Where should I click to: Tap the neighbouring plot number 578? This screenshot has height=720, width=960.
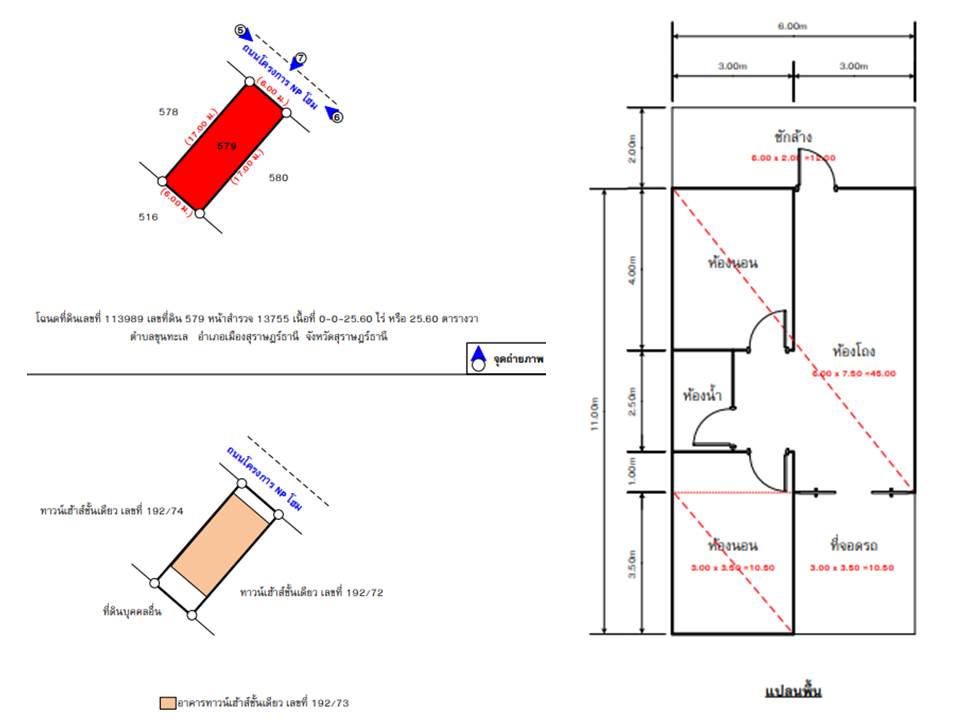click(x=168, y=112)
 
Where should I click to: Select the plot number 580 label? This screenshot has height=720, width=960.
click(x=278, y=178)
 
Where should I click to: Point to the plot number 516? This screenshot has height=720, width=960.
click(x=148, y=216)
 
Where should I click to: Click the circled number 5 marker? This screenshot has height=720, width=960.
click(x=240, y=31)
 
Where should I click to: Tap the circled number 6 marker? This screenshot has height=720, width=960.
click(x=337, y=117)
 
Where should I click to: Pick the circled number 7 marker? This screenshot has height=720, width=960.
click(x=300, y=58)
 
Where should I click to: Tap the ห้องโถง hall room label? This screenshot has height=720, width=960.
click(x=853, y=351)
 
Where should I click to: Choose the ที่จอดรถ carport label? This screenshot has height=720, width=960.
click(x=853, y=546)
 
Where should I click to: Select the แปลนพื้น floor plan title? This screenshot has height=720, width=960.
click(x=792, y=691)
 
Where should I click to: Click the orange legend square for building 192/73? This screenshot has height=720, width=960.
click(x=167, y=703)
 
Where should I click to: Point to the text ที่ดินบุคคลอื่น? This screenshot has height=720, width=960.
click(x=132, y=610)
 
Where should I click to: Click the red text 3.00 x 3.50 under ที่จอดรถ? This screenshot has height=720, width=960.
click(x=853, y=568)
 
